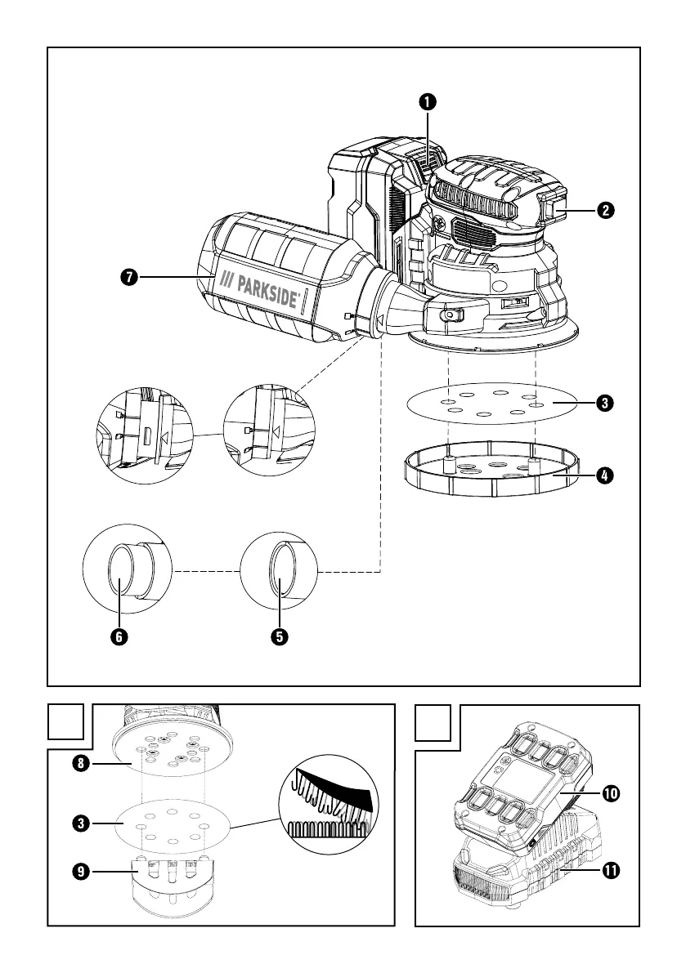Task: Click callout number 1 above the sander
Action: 427,102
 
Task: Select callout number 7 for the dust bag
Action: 128,278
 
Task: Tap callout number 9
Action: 81,872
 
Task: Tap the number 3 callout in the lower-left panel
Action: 81,823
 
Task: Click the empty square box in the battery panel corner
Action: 434,724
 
